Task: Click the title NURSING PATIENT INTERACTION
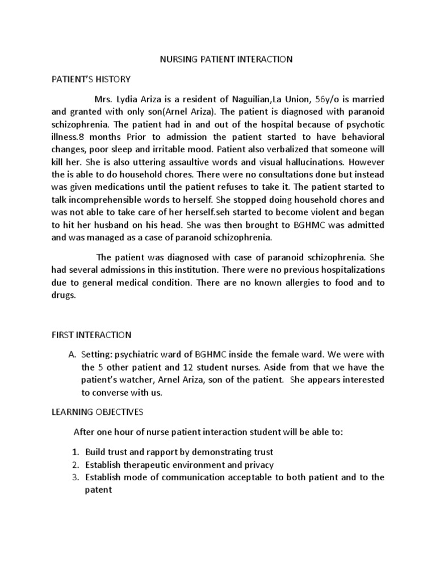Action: [x=225, y=59]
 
